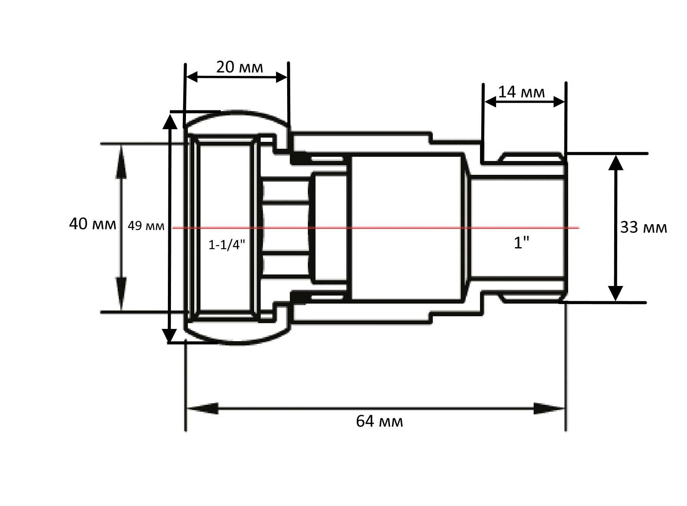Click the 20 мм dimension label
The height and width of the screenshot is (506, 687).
[240, 67]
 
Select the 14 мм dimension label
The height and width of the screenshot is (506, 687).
[521, 92]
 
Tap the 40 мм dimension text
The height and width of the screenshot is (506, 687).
[92, 224]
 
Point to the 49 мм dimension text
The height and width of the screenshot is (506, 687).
[146, 226]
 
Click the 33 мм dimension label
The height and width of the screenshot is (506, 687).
[644, 227]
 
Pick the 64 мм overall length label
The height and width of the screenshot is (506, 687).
[380, 421]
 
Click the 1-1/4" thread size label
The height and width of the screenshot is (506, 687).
[227, 245]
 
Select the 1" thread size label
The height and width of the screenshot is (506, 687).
[521, 242]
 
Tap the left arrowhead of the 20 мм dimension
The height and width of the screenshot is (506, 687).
[192, 77]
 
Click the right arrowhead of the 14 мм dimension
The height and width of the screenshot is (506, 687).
[559, 102]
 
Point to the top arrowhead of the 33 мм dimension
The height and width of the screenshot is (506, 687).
[616, 163]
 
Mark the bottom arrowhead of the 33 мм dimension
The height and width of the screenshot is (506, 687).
[616, 294]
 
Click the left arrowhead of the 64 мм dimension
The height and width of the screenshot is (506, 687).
[202, 408]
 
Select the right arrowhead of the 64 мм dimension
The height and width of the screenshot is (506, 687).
[549, 409]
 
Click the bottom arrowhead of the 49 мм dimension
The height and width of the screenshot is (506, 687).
[169, 335]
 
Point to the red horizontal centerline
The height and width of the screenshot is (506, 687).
[376, 228]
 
